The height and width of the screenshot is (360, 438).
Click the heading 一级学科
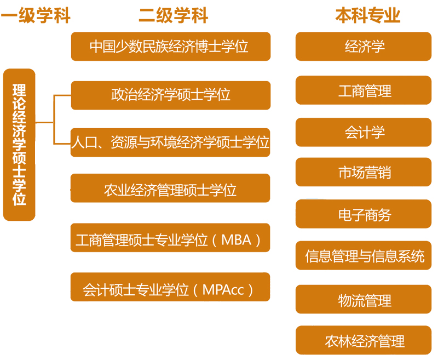[35, 15]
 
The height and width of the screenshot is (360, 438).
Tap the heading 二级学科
[173, 15]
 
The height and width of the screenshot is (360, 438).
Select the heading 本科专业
[367, 15]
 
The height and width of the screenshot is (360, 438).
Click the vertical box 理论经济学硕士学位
[19, 145]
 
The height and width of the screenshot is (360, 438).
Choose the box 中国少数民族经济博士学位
[171, 47]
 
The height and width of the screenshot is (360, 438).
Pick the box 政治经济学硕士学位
[171, 95]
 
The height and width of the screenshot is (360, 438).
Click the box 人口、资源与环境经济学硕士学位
[170, 142]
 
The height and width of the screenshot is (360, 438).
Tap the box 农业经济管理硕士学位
[170, 188]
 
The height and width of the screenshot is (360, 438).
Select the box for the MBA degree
[170, 238]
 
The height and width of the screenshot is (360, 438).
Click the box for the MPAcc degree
[170, 287]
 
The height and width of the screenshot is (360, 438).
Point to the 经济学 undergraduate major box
[364, 47]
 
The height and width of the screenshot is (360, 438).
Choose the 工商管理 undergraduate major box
[364, 90]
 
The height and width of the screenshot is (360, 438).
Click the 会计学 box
[364, 132]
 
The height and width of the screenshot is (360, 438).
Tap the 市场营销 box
[364, 172]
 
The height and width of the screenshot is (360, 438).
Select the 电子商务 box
[364, 214]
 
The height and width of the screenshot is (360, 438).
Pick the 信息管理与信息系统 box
[364, 255]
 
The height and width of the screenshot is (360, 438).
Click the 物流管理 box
[364, 299]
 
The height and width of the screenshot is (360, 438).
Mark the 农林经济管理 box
[364, 340]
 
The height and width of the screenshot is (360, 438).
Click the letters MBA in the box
[237, 240]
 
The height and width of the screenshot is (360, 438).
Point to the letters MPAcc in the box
[223, 289]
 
